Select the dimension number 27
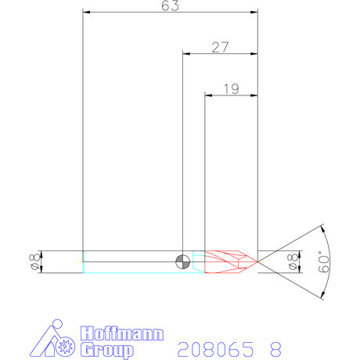click(x=220, y=47)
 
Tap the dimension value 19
click(x=231, y=89)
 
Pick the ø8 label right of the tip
click(x=294, y=262)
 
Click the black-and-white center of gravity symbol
click(x=182, y=261)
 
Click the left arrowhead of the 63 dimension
click(x=86, y=13)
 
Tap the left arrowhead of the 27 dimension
click(x=186, y=53)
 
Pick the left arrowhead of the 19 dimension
click(x=208, y=95)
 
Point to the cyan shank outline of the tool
click(x=133, y=267)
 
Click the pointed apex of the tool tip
click(x=257, y=261)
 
